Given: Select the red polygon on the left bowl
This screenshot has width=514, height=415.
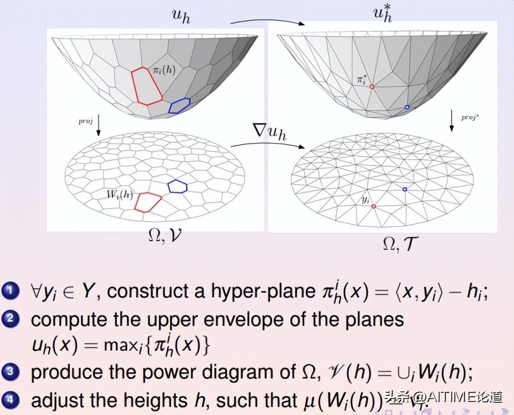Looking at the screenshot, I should [147, 86].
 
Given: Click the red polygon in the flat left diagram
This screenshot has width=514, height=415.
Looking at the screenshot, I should [147, 202].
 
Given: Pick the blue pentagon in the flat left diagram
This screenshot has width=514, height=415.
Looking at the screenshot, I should [178, 186].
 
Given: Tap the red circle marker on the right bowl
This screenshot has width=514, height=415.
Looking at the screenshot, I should [372, 87].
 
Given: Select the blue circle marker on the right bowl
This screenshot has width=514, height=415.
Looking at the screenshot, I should [407, 107].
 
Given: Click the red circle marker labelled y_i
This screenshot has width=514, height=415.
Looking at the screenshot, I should [373, 206].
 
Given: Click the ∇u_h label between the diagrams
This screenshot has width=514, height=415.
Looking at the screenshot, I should [270, 132].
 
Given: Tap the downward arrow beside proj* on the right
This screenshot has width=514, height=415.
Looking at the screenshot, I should [452, 121].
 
